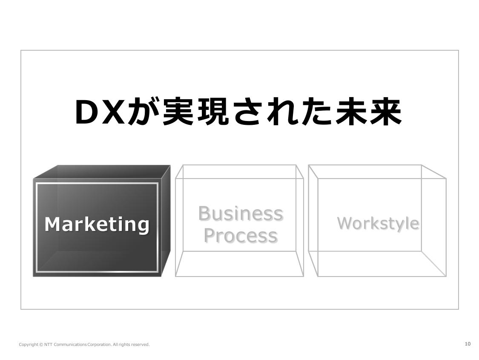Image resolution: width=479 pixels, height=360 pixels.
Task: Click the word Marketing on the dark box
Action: (x=97, y=225)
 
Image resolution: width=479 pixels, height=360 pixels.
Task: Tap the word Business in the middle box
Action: (x=241, y=213)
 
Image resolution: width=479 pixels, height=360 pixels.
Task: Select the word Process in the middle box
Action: (x=241, y=236)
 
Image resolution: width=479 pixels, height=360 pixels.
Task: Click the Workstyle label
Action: (x=378, y=223)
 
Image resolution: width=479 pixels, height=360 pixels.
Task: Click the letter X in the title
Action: (x=115, y=112)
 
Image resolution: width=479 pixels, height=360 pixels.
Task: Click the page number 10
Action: (x=468, y=344)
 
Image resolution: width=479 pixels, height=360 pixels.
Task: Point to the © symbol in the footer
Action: (x=41, y=345)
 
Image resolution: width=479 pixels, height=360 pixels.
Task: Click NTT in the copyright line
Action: (x=48, y=344)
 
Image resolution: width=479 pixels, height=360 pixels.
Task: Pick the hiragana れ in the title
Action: (x=282, y=112)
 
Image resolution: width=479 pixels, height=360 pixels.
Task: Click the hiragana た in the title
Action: (x=316, y=112)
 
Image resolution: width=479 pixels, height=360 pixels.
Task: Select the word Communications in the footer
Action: (x=70, y=345)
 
